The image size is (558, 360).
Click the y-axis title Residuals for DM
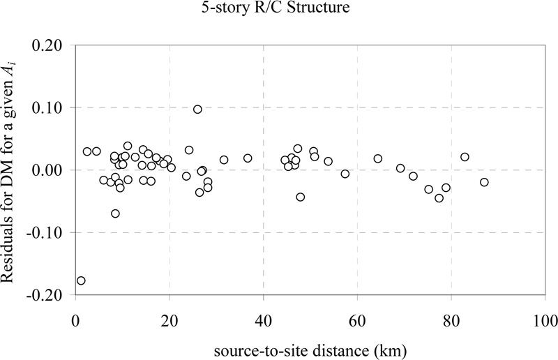(15, 170)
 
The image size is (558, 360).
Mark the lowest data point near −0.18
(81, 280)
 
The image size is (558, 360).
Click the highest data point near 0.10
(197, 109)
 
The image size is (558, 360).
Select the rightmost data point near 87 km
(484, 182)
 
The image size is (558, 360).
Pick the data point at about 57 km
(345, 174)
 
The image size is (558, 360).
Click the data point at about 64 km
(378, 158)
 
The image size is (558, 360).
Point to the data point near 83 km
(465, 157)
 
